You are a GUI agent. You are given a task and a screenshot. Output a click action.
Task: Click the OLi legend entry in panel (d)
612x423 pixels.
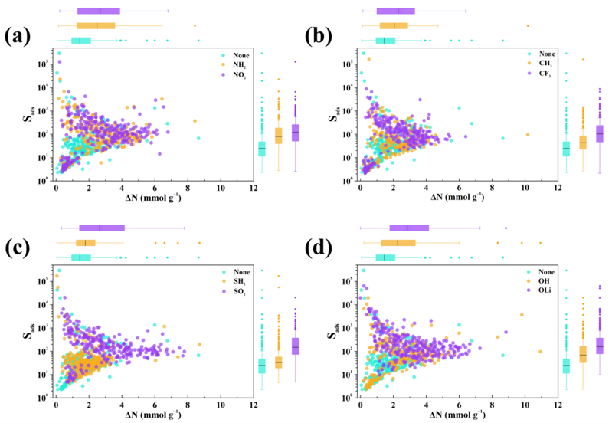coord(539,291)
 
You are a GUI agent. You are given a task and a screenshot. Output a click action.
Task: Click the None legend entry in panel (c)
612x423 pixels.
coord(237,271)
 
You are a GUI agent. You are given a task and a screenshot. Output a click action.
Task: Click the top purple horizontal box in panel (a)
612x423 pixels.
coord(99,11)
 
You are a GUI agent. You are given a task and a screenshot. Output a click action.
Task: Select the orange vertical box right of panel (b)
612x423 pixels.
coord(582,143)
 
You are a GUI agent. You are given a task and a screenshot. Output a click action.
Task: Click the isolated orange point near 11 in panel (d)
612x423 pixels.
coord(540,352)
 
